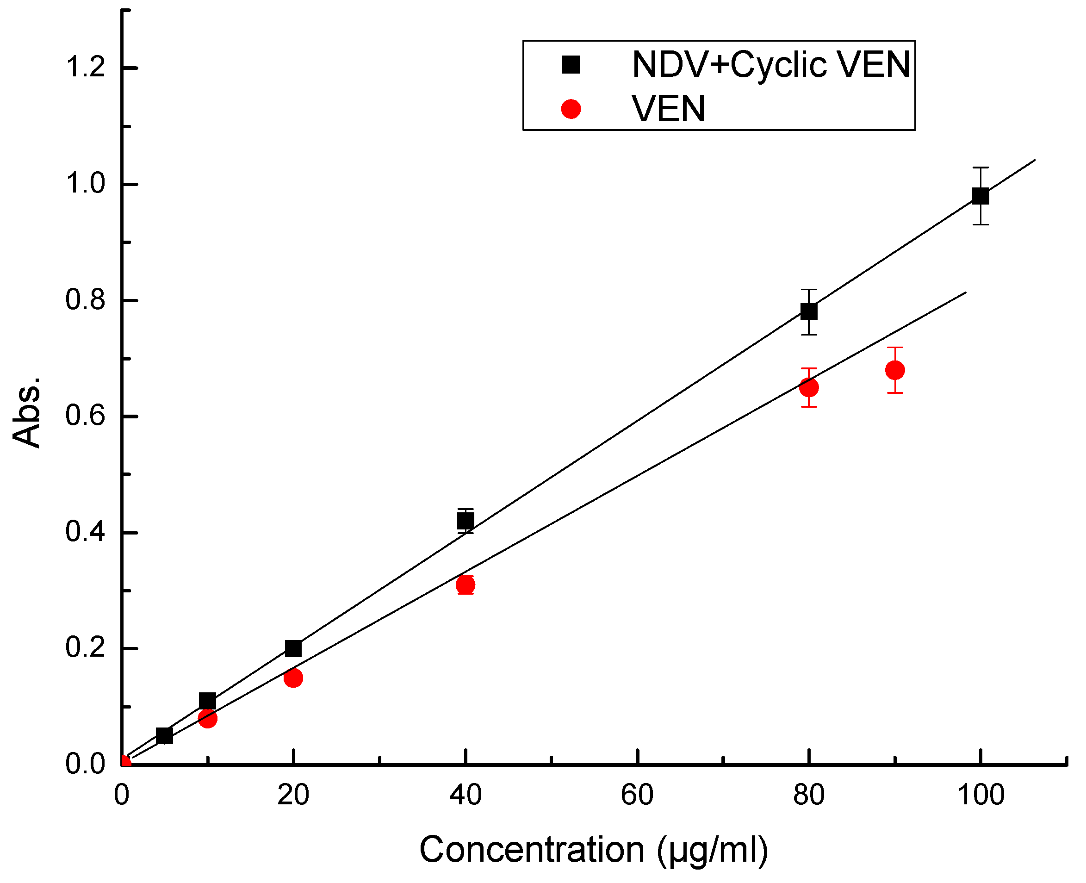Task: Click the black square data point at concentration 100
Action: [x=980, y=196]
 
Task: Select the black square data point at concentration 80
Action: [x=808, y=311]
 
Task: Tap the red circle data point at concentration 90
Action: [x=895, y=370]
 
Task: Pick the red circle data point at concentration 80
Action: [x=808, y=387]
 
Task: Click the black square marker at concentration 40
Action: [x=465, y=521]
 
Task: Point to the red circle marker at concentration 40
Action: [x=465, y=585]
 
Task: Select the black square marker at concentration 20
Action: [x=293, y=648]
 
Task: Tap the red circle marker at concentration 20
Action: [x=293, y=678]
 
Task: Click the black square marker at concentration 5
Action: [x=164, y=735]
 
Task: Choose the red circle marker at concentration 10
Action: [x=207, y=718]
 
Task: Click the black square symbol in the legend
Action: [x=571, y=65]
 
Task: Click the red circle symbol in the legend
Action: [x=571, y=109]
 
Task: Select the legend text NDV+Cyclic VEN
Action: [x=770, y=65]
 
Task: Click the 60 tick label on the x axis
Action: [x=637, y=795]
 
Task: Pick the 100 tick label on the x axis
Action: [x=980, y=795]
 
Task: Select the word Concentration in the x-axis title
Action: [x=531, y=849]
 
